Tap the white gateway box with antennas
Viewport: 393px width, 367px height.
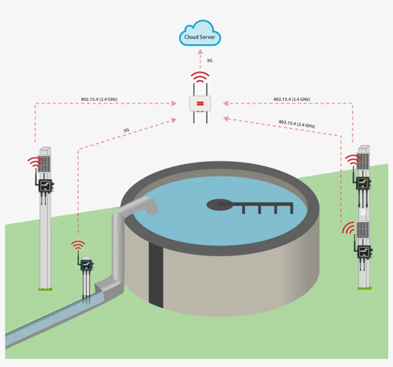(200, 104)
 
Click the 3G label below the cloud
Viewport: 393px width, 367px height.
(210, 61)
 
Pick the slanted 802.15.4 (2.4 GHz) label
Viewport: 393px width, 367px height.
(297, 124)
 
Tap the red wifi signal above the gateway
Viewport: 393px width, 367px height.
(200, 77)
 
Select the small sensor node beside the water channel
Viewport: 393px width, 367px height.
(86, 265)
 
